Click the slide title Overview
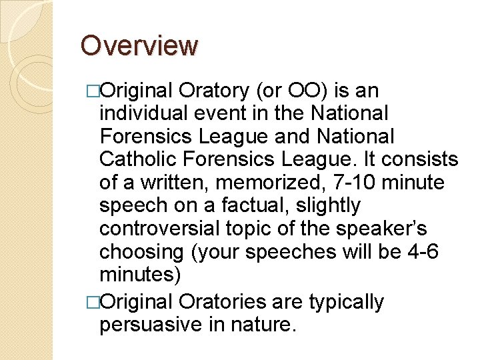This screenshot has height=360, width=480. coord(139,46)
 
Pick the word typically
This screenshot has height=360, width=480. coord(347,301)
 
